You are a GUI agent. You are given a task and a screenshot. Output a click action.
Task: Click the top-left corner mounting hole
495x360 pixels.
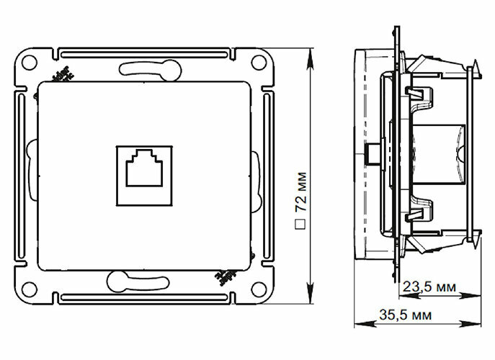coord(30,62)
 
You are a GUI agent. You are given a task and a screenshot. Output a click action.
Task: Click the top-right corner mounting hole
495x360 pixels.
coord(257,62)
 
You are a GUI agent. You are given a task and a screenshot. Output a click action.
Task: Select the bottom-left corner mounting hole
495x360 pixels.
coord(30,289)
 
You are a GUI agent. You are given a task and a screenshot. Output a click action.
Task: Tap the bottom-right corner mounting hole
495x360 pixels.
coord(257,289)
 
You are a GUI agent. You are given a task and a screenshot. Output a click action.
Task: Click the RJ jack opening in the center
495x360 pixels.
coord(144,171)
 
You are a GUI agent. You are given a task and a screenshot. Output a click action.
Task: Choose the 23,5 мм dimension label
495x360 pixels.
coord(428,287)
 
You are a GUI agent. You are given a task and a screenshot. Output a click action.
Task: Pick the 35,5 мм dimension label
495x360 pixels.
coord(406,315)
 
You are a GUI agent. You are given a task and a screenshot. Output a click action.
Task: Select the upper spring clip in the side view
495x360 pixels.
coord(420,94)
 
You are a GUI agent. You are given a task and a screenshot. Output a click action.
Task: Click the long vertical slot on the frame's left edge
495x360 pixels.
coord(19,176)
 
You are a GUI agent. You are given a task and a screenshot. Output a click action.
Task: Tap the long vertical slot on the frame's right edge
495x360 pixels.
coord(268,176)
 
